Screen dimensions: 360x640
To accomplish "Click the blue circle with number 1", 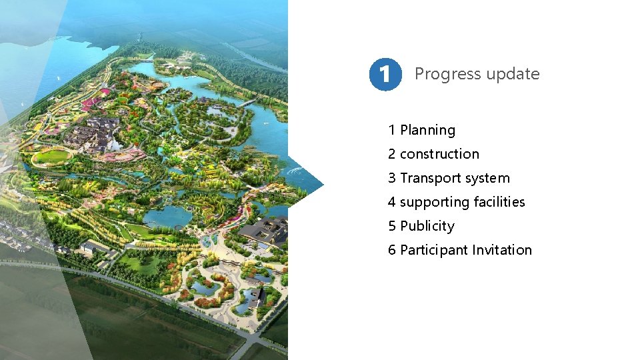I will (x=385, y=74).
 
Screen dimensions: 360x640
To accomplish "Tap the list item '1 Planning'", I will (x=421, y=130).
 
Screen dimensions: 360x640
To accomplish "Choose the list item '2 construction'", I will (x=433, y=154).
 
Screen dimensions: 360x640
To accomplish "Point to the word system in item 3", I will (x=487, y=178).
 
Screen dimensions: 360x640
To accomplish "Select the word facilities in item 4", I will (x=499, y=202).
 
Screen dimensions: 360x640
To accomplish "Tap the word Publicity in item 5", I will (x=427, y=226).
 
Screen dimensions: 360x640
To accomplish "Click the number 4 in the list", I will (x=392, y=202).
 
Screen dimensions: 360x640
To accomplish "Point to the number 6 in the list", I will (x=392, y=250).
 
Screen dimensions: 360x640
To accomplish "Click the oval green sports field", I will (x=52, y=157).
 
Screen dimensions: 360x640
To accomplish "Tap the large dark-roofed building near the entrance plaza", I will (x=265, y=230).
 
